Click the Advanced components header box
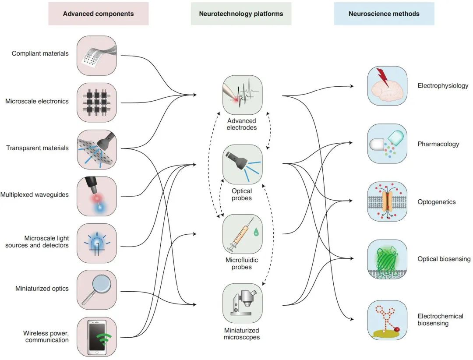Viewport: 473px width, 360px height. [98, 14]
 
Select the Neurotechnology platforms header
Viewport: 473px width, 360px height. [241, 14]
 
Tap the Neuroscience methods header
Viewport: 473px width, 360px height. [384, 14]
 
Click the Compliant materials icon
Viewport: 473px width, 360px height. [97, 56]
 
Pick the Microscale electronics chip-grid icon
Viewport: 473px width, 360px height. [97, 102]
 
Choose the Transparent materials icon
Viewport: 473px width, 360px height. [97, 149]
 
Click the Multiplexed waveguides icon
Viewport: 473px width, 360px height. [97, 196]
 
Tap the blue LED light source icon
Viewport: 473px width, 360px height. [97, 243]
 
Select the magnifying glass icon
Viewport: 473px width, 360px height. [97, 290]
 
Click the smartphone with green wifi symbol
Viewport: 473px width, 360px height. [97, 337]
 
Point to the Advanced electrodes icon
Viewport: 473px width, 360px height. [243, 95]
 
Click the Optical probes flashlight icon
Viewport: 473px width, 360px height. [243, 164]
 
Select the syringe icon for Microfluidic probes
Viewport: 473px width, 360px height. [243, 234]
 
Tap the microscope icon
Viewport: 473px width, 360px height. [243, 303]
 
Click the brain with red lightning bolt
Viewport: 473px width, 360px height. [387, 86]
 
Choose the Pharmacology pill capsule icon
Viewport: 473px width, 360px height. [387, 144]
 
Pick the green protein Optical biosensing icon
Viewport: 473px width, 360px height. [387, 260]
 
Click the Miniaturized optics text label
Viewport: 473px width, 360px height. [42, 289]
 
